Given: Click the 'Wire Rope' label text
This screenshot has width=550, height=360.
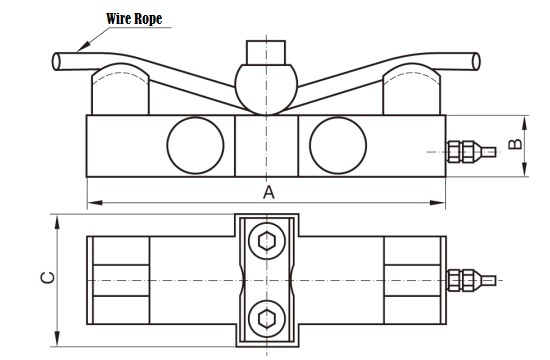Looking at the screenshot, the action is [134, 19].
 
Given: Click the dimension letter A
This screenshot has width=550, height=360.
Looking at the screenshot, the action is [269, 193].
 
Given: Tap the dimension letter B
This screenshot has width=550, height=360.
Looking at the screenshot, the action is [515, 144].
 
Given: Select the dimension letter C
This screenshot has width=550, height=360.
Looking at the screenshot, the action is [48, 277].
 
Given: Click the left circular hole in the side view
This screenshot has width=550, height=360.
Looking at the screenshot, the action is [195, 145].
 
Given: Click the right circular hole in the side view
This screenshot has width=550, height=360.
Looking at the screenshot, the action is [338, 145].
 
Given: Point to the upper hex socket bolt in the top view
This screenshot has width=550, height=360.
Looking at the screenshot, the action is [267, 241].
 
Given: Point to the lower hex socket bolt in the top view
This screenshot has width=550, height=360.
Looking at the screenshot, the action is [267, 319].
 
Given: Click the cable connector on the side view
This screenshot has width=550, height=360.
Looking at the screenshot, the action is [471, 152].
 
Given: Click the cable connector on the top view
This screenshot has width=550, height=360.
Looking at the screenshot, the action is [471, 280].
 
